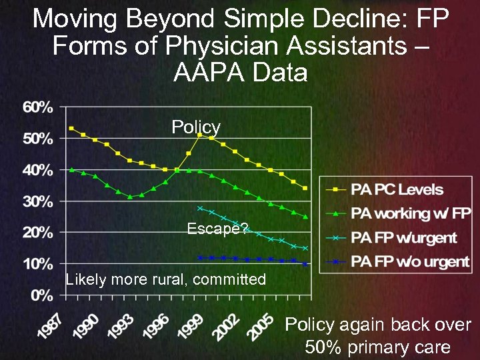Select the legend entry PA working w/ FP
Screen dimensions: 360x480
tap(411, 213)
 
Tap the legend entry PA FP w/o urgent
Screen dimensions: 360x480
tap(411, 261)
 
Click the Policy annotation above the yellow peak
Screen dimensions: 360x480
tap(196, 127)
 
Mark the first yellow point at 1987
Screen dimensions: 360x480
tap(71, 128)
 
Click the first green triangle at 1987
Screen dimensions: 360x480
tap(71, 169)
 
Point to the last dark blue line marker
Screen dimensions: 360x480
tap(305, 264)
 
